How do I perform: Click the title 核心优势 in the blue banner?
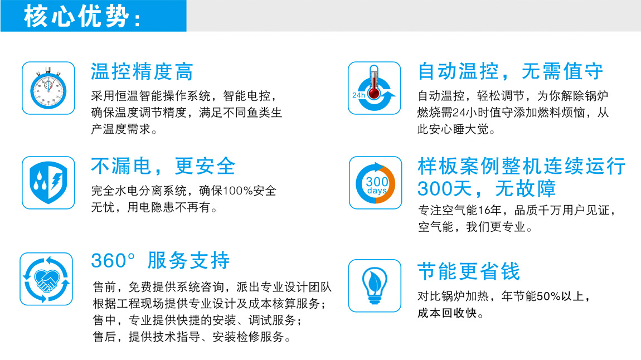pyautogui.click(x=82, y=17)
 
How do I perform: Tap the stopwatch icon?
pyautogui.click(x=48, y=88)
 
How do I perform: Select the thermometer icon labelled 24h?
pyautogui.click(x=374, y=88)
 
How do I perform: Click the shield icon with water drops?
pyautogui.click(x=48, y=183)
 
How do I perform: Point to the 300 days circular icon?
pyautogui.click(x=375, y=183)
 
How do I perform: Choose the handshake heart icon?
pyautogui.click(x=46, y=279)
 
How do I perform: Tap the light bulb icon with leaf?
pyautogui.click(x=375, y=286)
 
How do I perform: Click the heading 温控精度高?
pyautogui.click(x=142, y=71)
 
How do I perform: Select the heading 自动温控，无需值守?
pyautogui.click(x=510, y=71)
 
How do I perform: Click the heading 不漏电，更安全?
pyautogui.click(x=163, y=166)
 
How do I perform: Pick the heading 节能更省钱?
pyautogui.click(x=468, y=271)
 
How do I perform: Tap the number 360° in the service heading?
pyautogui.click(x=113, y=261)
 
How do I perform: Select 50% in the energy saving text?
pyautogui.click(x=548, y=296)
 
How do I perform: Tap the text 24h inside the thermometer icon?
pyautogui.click(x=358, y=95)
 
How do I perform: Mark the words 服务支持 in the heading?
pyautogui.click(x=188, y=261)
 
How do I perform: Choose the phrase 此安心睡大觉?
pyautogui.click(x=453, y=129)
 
